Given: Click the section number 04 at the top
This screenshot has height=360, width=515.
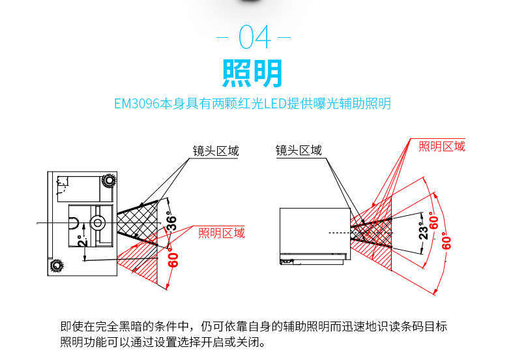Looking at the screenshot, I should pos(255,37).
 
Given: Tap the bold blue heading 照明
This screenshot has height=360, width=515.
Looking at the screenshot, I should pos(253,73).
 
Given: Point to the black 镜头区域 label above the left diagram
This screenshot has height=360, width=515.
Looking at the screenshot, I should pos(215,152).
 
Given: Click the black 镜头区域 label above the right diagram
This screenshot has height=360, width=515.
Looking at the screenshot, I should pos(299,151).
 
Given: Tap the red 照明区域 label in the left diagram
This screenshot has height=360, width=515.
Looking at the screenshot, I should pos(221,233).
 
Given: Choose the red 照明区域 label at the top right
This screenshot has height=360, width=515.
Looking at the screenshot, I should pos(442,146).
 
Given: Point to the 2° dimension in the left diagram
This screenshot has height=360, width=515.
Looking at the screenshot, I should pos(80,242).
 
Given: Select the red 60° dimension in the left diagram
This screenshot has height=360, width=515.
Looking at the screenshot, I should pos(173,260).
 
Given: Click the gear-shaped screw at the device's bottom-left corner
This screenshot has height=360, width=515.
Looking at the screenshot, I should pos(56,265).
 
